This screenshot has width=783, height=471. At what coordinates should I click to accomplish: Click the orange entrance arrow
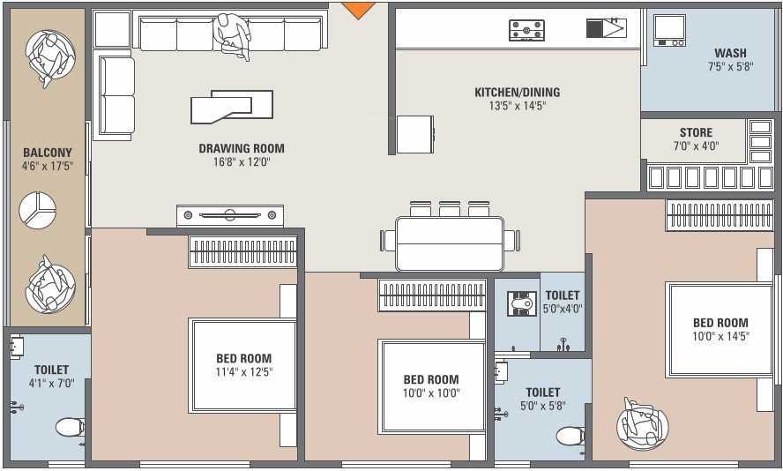(x=358, y=10)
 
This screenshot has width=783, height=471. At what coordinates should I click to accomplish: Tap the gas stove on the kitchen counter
(x=526, y=31)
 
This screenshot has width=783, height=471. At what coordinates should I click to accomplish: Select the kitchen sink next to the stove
(x=606, y=28)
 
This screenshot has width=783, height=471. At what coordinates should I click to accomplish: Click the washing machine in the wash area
(x=669, y=30)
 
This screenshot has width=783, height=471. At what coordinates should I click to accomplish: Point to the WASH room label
(x=731, y=53)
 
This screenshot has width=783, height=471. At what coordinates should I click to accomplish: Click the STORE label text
(x=696, y=133)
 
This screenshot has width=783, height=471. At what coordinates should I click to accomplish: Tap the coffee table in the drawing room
(x=232, y=107)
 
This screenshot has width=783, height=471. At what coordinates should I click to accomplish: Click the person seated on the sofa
(x=232, y=35)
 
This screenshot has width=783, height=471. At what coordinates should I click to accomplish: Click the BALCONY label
(x=48, y=153)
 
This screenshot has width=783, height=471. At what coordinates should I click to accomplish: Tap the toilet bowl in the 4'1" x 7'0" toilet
(x=70, y=428)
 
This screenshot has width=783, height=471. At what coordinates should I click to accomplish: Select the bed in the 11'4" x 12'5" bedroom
(x=244, y=365)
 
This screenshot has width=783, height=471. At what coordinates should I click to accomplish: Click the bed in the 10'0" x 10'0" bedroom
(x=432, y=386)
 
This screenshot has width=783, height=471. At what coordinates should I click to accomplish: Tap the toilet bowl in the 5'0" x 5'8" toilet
(x=571, y=436)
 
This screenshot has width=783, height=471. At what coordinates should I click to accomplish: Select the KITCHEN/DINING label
(x=517, y=93)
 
